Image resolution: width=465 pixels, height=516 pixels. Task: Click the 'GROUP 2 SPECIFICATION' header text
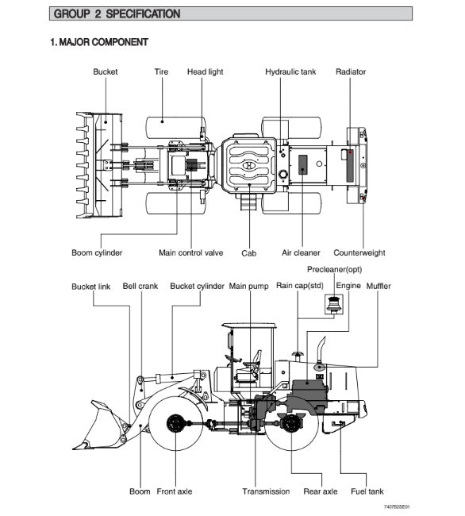117,13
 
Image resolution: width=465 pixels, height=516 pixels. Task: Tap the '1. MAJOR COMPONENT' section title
99,42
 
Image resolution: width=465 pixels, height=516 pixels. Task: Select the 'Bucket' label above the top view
106,71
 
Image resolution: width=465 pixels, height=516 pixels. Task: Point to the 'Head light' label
206,71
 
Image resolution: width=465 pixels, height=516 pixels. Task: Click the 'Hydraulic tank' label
290,71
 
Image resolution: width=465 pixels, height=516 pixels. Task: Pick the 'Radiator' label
351,71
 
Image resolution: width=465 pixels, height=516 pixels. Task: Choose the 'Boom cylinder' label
97,252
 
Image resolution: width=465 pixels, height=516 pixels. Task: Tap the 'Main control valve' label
190,252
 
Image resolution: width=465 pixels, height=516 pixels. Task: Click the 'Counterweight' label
359,252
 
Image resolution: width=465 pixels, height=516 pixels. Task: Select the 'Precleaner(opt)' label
334,270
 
